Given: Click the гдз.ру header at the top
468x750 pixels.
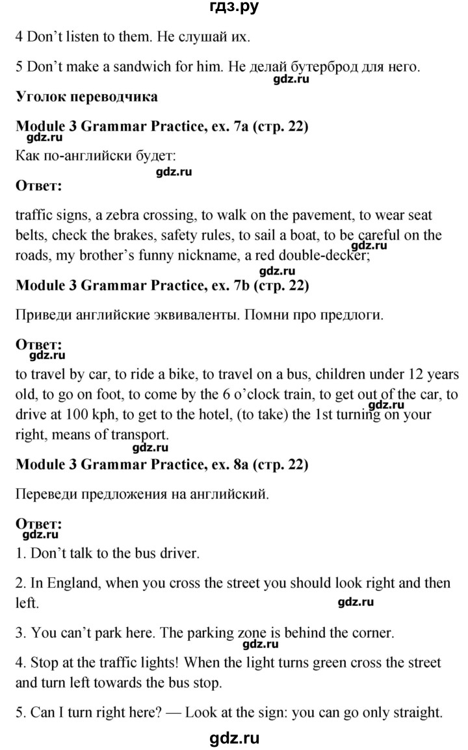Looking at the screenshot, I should (234, 8).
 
